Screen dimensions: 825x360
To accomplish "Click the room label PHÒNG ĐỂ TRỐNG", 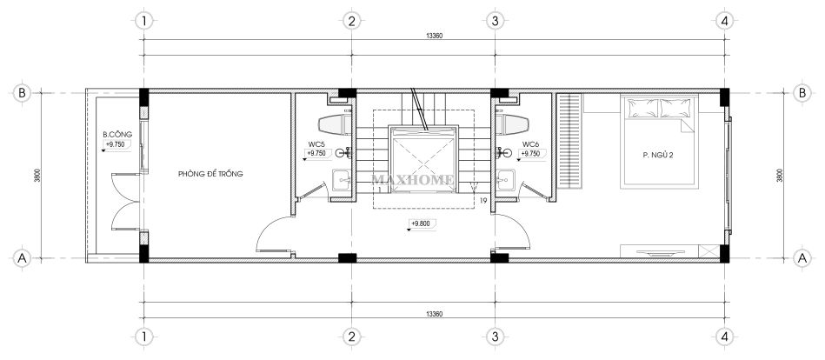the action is pyautogui.click(x=210, y=174).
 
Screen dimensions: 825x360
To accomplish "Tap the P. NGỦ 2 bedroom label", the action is pyautogui.click(x=658, y=155).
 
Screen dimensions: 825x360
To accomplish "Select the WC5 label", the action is pyautogui.click(x=316, y=143).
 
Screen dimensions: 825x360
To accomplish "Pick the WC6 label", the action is pyautogui.click(x=529, y=143).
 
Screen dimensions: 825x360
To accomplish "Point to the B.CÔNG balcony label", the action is pyautogui.click(x=116, y=135).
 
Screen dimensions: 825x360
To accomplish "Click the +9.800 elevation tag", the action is pyautogui.click(x=421, y=223).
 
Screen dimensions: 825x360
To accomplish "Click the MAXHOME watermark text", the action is pyautogui.click(x=413, y=180).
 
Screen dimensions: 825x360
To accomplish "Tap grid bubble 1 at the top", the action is pyautogui.click(x=143, y=21).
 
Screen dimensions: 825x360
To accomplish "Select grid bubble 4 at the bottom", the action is pyautogui.click(x=724, y=336).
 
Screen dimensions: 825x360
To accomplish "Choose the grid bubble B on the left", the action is pyautogui.click(x=22, y=93).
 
